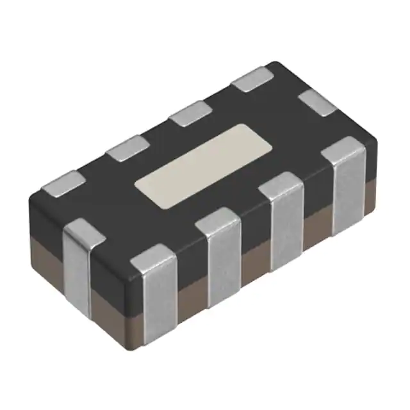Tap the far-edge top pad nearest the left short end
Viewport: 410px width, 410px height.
tap(63, 182)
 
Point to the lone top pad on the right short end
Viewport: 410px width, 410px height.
tap(318, 102)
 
